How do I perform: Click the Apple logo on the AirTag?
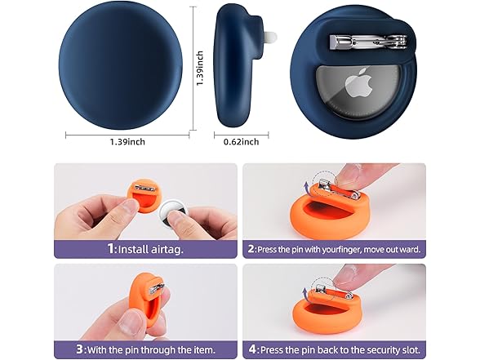(358, 83)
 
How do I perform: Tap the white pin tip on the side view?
(271, 37)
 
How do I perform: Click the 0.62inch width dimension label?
(242, 142)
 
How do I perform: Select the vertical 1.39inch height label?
(200, 69)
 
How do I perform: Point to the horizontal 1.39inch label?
(127, 142)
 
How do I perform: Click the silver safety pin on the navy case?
(368, 42)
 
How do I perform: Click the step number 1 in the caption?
(110, 248)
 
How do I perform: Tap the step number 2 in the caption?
(251, 248)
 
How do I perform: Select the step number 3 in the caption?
(80, 349)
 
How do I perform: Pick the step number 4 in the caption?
(252, 349)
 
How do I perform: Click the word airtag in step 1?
(167, 249)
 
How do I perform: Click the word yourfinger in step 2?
(328, 250)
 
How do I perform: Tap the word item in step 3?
(204, 349)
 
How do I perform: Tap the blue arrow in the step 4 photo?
(304, 293)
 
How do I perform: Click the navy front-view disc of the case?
(121, 67)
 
